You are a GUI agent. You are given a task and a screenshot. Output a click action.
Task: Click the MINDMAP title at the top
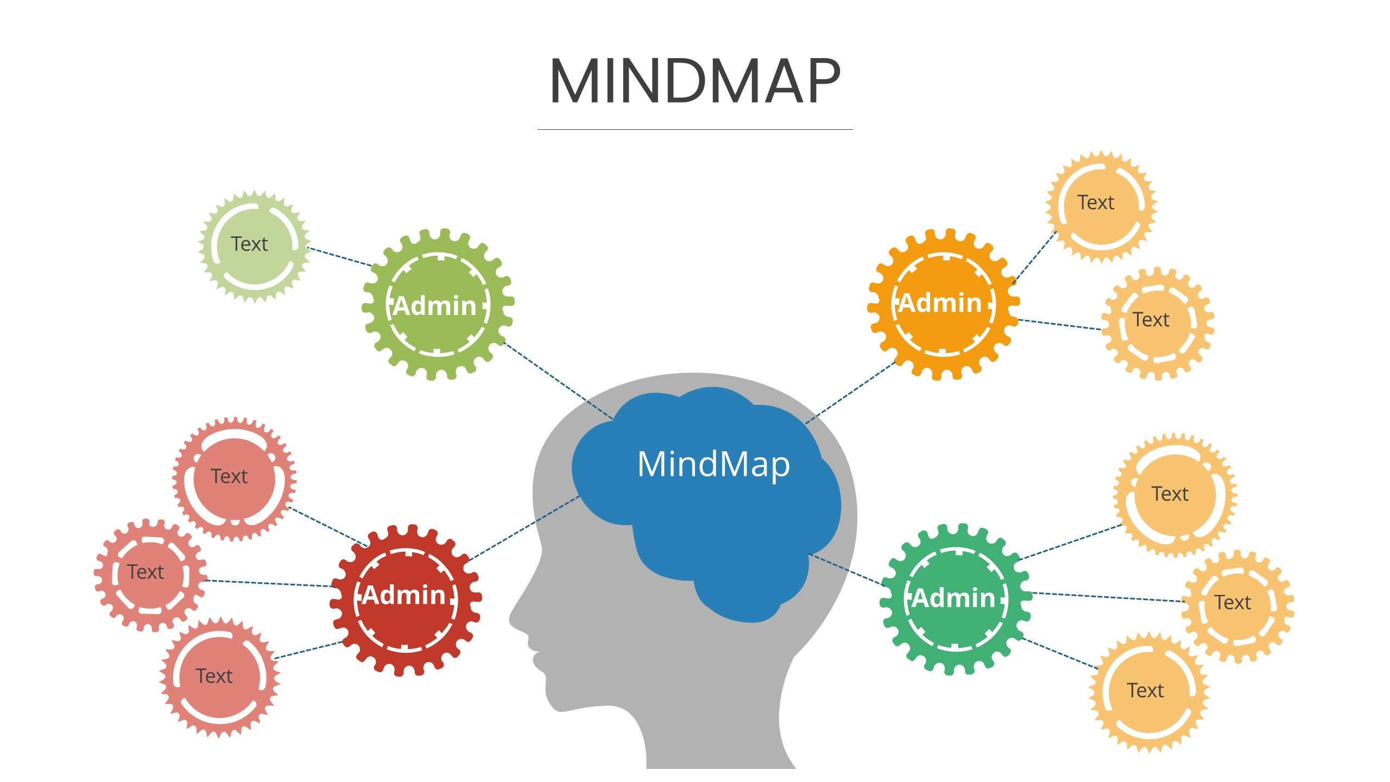coord(695,81)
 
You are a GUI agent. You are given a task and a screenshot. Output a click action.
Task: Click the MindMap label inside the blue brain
coord(713,464)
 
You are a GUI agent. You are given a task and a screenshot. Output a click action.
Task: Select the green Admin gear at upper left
coord(437,305)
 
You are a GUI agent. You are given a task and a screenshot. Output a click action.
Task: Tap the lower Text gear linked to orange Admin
coord(1157,323)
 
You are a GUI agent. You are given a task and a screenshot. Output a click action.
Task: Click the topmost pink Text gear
coord(234,478)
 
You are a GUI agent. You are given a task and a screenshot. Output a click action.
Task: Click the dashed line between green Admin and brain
coord(559,381)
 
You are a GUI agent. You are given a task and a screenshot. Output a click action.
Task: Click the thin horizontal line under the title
coord(695,130)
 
